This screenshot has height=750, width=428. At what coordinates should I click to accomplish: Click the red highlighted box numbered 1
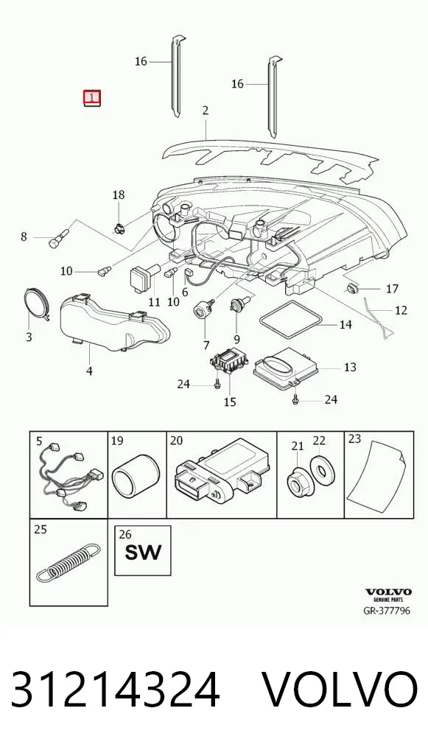coord(92,97)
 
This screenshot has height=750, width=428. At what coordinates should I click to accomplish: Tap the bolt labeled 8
coord(59,238)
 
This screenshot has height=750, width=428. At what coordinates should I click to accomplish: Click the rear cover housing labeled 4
coord(114,323)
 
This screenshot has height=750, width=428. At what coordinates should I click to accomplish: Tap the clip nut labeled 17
coord(351,288)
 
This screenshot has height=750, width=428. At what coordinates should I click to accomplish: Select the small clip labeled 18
coord(119,228)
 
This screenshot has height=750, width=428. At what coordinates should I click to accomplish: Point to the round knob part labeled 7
coord(203,309)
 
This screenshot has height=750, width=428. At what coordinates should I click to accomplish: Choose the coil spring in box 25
coord(69,561)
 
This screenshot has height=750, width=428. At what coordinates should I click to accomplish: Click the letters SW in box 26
coord(143,553)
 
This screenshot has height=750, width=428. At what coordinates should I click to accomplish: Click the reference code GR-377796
coord(387,610)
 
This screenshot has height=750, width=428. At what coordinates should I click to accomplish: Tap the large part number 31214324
coord(115,690)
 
